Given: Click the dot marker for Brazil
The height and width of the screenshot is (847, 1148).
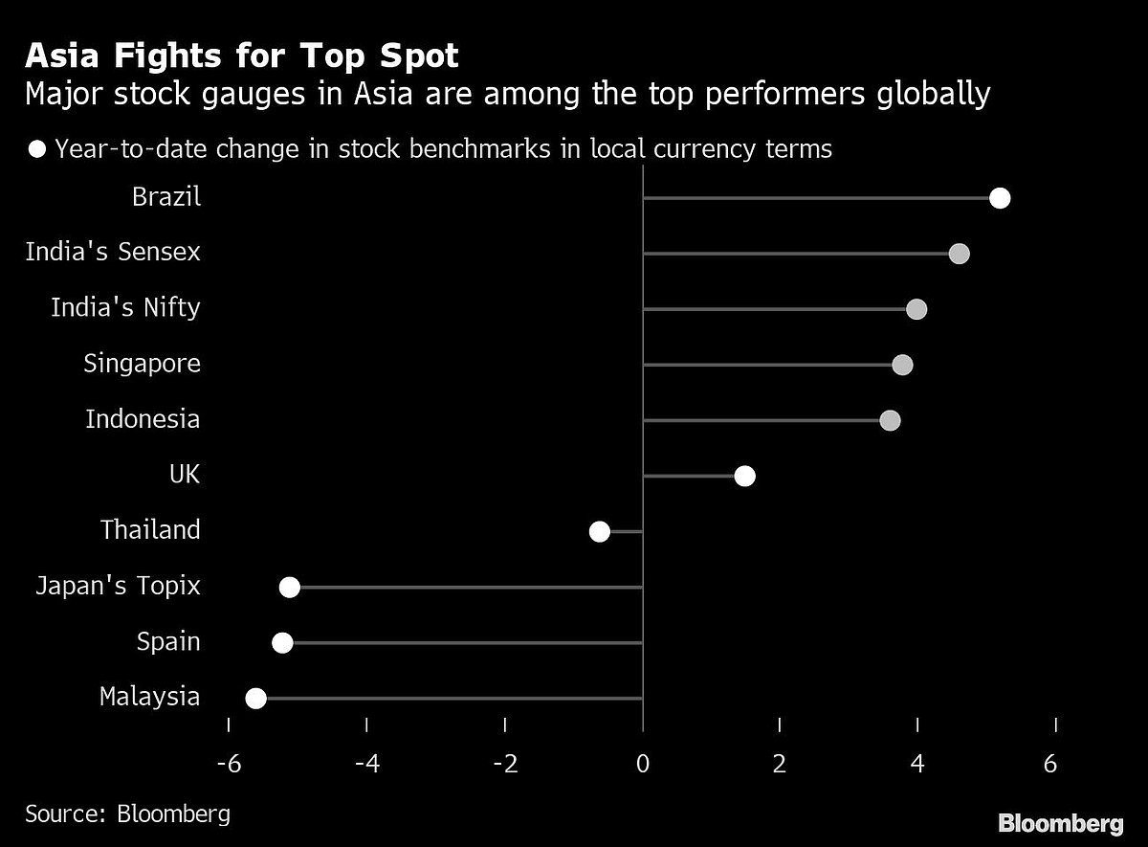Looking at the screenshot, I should coord(1000,198).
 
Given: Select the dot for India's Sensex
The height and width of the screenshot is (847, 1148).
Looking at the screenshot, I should coord(959,254).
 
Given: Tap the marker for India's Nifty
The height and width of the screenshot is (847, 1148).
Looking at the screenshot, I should coord(916,309).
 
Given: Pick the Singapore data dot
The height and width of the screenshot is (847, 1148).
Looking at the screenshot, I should coord(902,365).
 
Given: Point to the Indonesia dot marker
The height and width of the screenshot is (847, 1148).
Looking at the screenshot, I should coord(890,420).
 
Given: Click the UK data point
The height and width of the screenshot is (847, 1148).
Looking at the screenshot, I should coord(744,477).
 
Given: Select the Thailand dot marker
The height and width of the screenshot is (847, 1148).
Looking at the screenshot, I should coord(600,532).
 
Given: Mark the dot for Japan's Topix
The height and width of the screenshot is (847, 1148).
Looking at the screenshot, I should coord(290,588).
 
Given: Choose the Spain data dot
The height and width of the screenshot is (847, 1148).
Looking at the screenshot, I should coord(282,643).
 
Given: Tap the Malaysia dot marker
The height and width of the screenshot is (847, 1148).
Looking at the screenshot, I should coord(255,699).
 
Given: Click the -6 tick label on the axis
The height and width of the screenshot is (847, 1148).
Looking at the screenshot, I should coord(228,765).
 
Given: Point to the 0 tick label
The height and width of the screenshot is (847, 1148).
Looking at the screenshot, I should coord(643,765).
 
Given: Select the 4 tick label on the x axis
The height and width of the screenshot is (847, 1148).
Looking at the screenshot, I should coord(917,765).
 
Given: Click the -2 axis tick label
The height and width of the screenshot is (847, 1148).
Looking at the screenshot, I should coord(504,765).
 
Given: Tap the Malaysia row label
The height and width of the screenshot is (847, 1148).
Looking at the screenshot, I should coord(150,697).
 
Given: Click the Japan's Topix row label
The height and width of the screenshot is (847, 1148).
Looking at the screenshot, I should coord(118,586).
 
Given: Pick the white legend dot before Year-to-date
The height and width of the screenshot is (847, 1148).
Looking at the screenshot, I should coord(38,149).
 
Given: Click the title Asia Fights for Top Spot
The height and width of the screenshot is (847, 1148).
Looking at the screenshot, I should coord(242,56).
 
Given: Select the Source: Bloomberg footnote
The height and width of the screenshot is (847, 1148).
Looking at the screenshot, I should coord(128,814).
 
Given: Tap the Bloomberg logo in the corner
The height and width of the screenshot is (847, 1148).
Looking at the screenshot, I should coord(1061,823).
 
